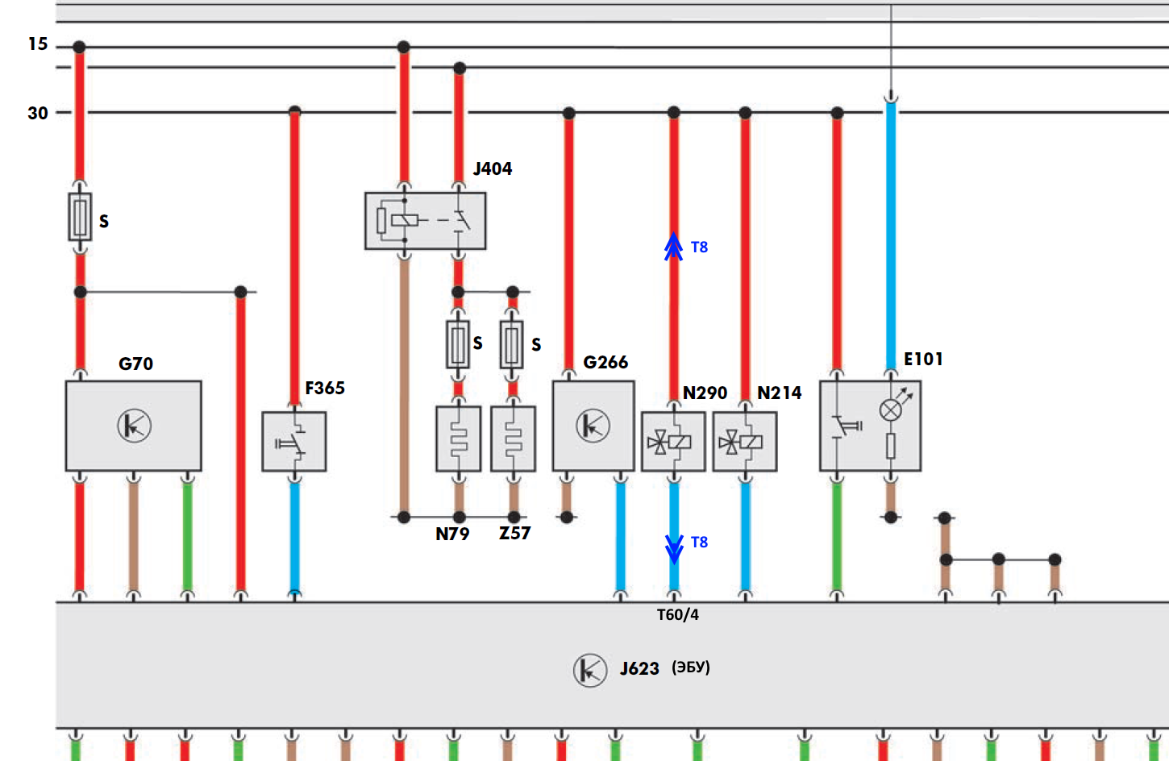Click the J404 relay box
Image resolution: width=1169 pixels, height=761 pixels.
[x=426, y=221]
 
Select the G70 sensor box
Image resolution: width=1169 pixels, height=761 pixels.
[x=134, y=426]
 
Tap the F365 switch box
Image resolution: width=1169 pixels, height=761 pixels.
[x=294, y=442]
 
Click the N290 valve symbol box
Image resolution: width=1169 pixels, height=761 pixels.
[x=673, y=442]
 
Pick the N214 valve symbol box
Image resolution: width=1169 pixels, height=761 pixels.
[x=745, y=442]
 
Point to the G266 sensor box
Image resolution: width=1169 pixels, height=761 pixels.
[x=593, y=426]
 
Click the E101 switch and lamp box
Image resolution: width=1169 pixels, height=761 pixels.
[x=870, y=426]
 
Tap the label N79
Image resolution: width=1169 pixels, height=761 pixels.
[x=452, y=534]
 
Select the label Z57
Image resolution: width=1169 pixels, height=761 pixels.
[x=515, y=533]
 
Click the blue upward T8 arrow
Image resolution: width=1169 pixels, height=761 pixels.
[x=673, y=247]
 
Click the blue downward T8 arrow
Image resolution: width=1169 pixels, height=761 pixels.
[x=674, y=550]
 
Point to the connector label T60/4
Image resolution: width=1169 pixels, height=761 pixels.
[x=678, y=615]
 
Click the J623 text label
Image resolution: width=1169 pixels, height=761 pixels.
[x=639, y=668]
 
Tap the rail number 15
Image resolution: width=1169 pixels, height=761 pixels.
[x=38, y=44]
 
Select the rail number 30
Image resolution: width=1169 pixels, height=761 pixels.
[x=38, y=113]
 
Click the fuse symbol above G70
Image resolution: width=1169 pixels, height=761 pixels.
[x=80, y=217]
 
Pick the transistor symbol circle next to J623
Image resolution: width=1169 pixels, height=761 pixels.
[x=589, y=670]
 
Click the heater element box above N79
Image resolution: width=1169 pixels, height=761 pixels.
[x=458, y=439]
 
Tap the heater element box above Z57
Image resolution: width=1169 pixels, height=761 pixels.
[x=513, y=439]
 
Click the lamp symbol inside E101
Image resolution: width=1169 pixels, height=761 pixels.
[x=890, y=410]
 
